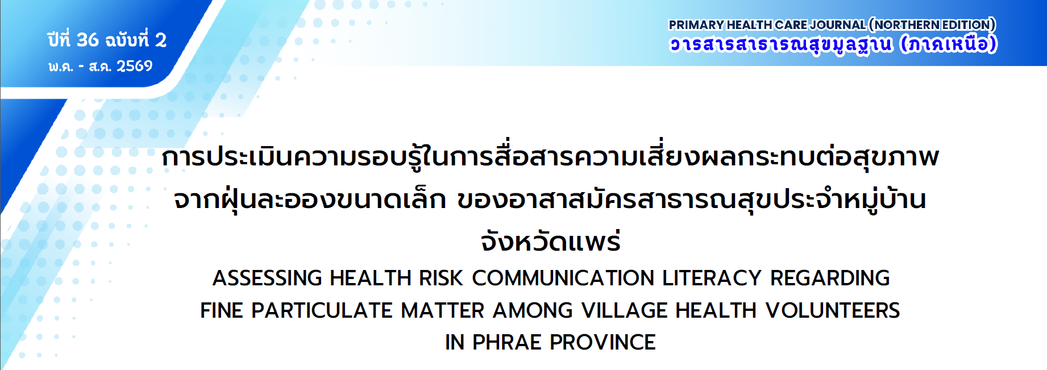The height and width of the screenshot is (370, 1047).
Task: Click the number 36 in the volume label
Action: click(x=87, y=40)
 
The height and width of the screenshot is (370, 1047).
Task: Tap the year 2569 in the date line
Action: click(x=135, y=66)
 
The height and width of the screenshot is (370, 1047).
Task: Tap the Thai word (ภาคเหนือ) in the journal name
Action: click(x=949, y=44)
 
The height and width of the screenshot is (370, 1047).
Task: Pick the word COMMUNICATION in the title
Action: click(x=563, y=278)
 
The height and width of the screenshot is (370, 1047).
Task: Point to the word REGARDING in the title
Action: click(x=830, y=278)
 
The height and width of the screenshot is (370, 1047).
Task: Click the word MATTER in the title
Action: click(x=443, y=310)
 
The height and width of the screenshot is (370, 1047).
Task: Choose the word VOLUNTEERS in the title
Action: click(x=833, y=310)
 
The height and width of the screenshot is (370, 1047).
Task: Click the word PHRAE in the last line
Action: click(x=507, y=342)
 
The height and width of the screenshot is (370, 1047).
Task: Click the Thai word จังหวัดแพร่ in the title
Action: click(x=550, y=241)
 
